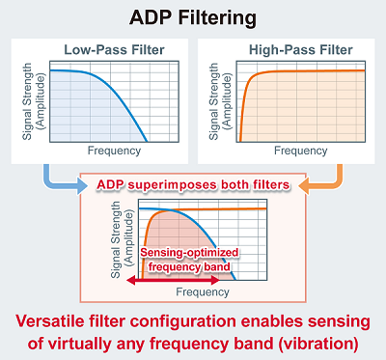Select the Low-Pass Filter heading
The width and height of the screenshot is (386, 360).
(102, 49)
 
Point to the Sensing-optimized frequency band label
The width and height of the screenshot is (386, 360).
(189, 258)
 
